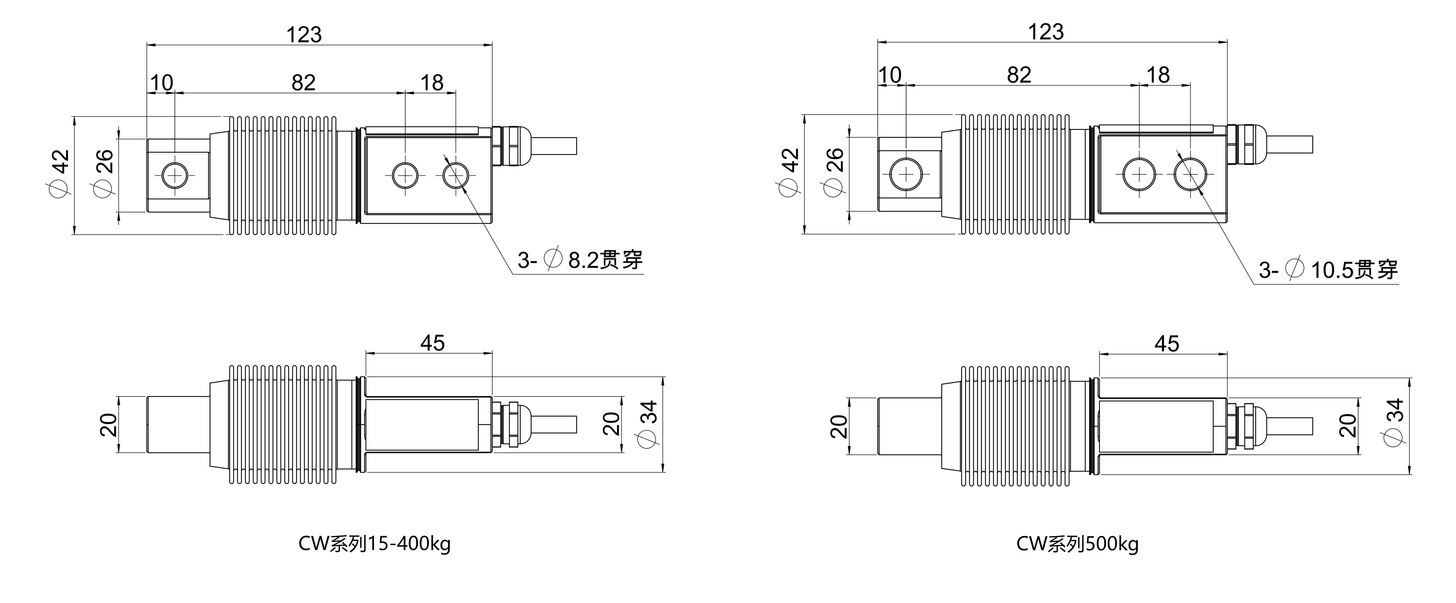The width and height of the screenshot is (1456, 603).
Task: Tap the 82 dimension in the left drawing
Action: click(x=303, y=83)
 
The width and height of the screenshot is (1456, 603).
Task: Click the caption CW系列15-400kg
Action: click(x=374, y=544)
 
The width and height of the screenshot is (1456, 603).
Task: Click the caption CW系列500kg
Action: click(x=1077, y=544)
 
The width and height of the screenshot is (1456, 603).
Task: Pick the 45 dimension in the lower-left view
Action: click(x=432, y=343)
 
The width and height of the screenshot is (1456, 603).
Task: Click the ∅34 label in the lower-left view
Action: click(x=649, y=424)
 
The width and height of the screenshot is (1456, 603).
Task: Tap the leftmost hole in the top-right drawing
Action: click(x=905, y=174)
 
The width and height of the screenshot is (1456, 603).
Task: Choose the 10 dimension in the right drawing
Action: click(x=890, y=75)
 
